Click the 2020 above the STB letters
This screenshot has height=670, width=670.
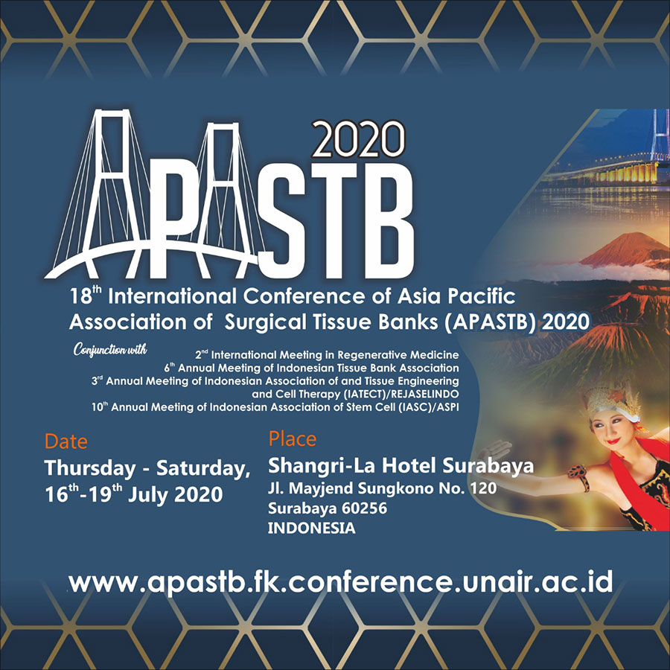coord(358,139)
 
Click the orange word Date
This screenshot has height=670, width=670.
coord(66,441)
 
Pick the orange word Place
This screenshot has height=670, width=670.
coord(293,438)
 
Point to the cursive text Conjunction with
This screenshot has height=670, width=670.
coord(110,350)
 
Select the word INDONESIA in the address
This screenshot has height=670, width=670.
coord(311,528)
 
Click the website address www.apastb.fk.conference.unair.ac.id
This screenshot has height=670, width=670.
coord(340,582)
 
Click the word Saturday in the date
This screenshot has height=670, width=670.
coord(203,469)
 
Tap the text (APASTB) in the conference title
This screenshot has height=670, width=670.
coord(490,322)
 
